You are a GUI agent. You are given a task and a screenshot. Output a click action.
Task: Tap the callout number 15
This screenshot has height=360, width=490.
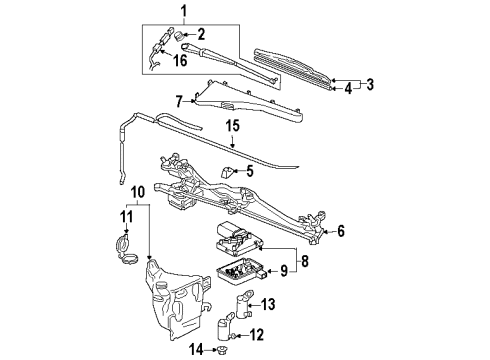pos(232,126)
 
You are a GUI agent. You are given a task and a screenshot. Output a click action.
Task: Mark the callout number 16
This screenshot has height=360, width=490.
pos(180,61)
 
